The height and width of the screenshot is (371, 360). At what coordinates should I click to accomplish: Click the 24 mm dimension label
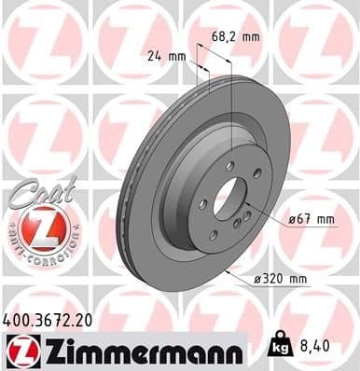point(168,58)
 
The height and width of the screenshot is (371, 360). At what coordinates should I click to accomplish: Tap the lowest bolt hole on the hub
point(214,233)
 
